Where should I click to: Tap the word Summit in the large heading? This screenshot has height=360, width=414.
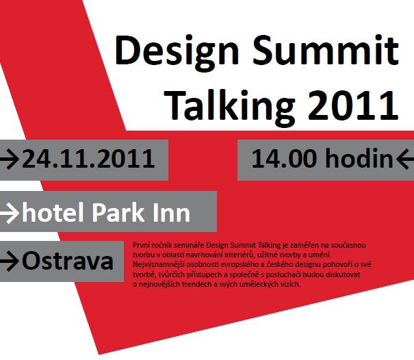pos(325,50)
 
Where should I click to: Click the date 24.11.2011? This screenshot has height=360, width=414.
pos(88,159)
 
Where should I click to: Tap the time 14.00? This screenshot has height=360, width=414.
pos(284,159)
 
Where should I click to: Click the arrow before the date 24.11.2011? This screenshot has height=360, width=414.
pos(10,159)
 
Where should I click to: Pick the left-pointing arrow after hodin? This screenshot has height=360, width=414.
pos(404,159)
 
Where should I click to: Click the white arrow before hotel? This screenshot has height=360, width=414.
pos(10,214)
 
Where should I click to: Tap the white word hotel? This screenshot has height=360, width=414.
pos(53,212)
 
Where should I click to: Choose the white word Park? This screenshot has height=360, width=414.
pos(118,212)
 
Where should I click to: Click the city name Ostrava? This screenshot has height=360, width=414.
pos(68,261)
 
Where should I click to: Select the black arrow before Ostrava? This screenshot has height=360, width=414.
pos(10,261)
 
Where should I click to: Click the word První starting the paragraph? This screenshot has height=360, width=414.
pos(139,245)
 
